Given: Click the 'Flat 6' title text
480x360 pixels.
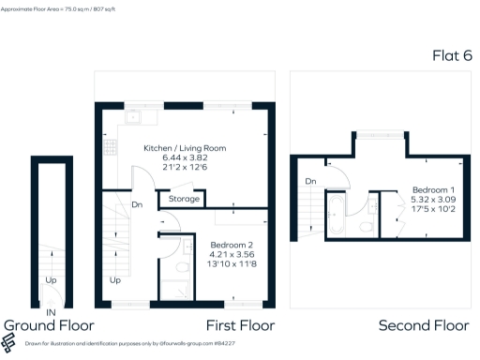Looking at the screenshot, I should coord(451,55).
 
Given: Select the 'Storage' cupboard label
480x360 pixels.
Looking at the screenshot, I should coord(184,199).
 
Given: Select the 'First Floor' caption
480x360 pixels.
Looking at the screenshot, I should coord(239,325).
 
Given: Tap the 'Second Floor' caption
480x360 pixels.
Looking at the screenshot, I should coord(423,325).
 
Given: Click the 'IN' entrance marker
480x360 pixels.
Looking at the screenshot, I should coord(50,312).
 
